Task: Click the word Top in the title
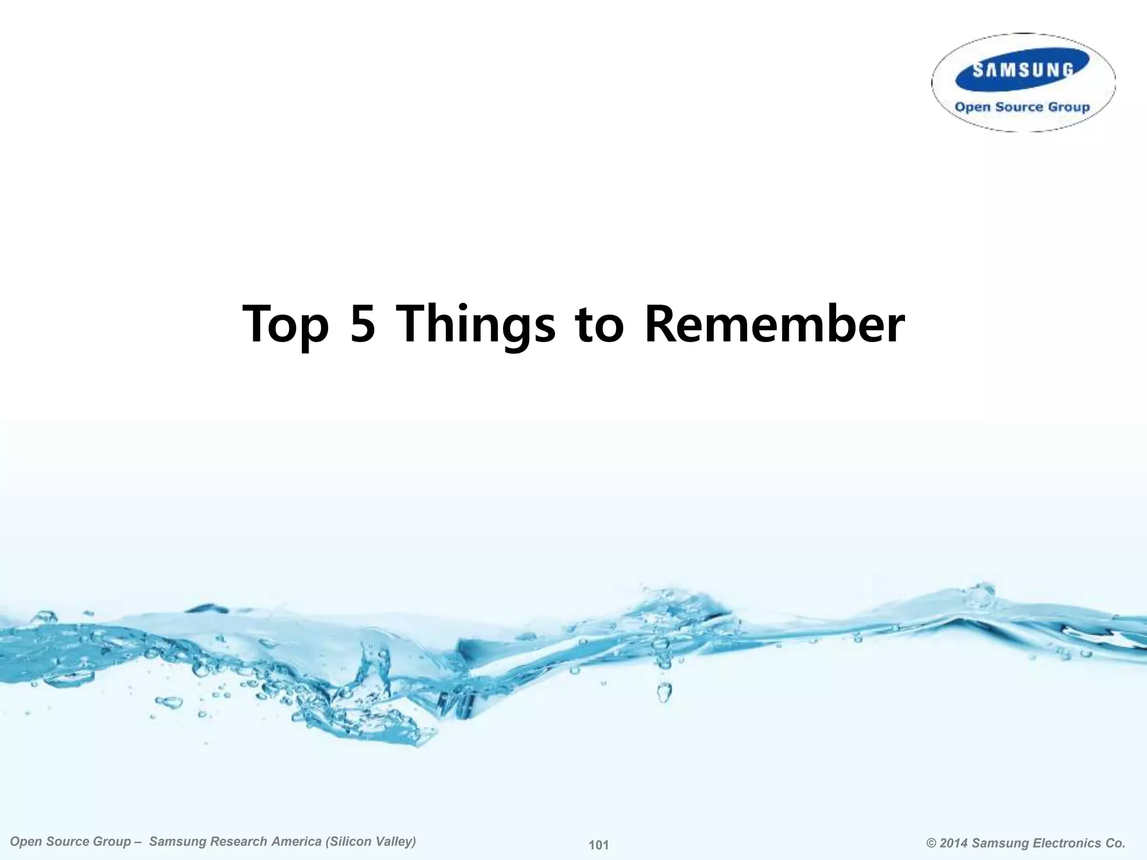tap(286, 325)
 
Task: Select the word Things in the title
tap(475, 325)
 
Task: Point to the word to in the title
tap(599, 325)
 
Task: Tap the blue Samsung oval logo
tap(1022, 70)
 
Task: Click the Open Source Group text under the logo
tap(1022, 107)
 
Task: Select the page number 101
tap(599, 845)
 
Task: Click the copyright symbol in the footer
tap(931, 843)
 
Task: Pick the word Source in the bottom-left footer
tap(64, 842)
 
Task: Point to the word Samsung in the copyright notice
tap(1000, 843)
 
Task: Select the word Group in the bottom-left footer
tap(111, 842)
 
